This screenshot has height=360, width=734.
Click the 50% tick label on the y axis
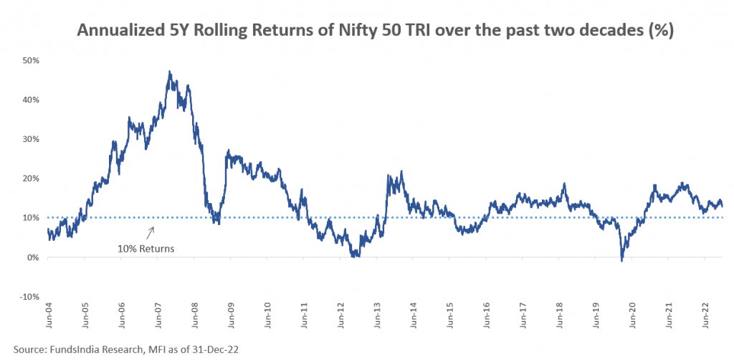29,60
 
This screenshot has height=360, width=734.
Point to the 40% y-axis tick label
29,100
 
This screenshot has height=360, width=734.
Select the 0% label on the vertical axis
32,257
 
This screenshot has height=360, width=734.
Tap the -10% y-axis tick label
28,297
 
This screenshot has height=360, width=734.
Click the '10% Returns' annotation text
146,249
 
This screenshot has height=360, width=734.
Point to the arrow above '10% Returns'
151,232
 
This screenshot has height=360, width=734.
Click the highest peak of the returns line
170,72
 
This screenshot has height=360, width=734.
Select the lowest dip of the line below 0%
621,261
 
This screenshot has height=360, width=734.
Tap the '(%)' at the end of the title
660,32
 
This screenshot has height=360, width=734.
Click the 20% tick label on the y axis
29,179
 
